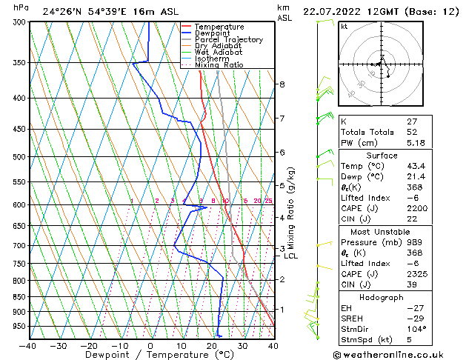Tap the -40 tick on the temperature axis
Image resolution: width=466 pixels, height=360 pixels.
[28, 345]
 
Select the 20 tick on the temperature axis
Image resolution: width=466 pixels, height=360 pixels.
[212, 345]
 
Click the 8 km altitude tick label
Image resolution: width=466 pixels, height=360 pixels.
[282, 84]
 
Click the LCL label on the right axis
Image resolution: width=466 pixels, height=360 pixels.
[291, 256]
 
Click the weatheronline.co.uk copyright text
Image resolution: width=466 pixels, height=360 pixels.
[399, 353]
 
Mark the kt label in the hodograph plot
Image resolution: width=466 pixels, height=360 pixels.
[344, 27]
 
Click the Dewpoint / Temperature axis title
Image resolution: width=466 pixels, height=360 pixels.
[150, 355]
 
